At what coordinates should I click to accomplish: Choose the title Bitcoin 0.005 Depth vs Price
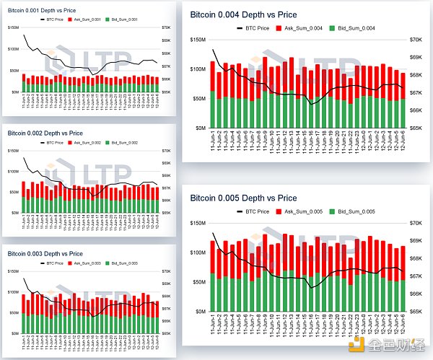(x=244, y=198)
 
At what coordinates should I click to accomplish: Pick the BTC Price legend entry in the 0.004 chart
(x=253, y=27)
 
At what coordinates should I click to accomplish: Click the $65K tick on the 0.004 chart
(x=417, y=128)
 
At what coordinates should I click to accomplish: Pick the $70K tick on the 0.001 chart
(x=165, y=27)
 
